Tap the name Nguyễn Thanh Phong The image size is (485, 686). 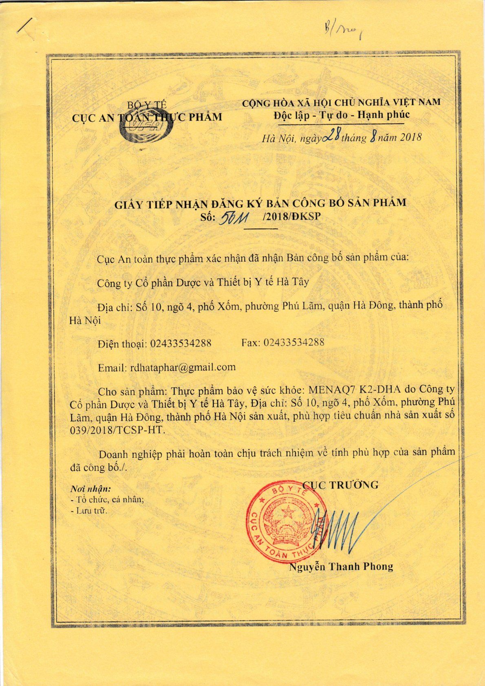pos(341,567)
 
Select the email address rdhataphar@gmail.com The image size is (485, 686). pos(183,367)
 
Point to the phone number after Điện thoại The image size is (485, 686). pos(181,343)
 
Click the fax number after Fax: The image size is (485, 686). pos(294,342)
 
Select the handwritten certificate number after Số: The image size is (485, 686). pos(234,220)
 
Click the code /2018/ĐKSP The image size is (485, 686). pos(292,216)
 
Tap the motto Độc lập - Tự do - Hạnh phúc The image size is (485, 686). pos(341,115)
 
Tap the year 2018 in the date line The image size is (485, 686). pos(410,137)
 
